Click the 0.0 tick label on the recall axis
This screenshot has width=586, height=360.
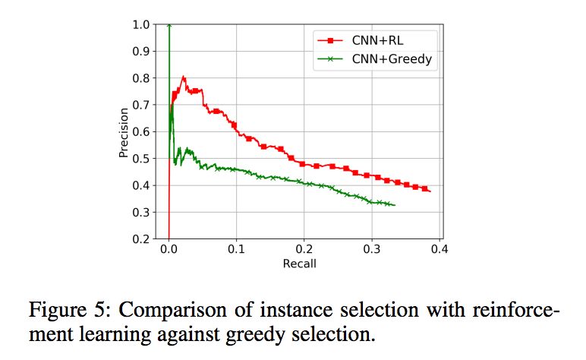click(169, 249)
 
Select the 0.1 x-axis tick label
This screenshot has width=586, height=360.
click(236, 249)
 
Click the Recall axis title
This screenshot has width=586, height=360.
click(299, 264)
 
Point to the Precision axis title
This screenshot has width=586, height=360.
click(124, 132)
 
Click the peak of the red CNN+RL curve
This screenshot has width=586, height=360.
click(183, 77)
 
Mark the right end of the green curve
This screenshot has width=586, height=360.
click(395, 205)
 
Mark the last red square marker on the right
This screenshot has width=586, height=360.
click(425, 188)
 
